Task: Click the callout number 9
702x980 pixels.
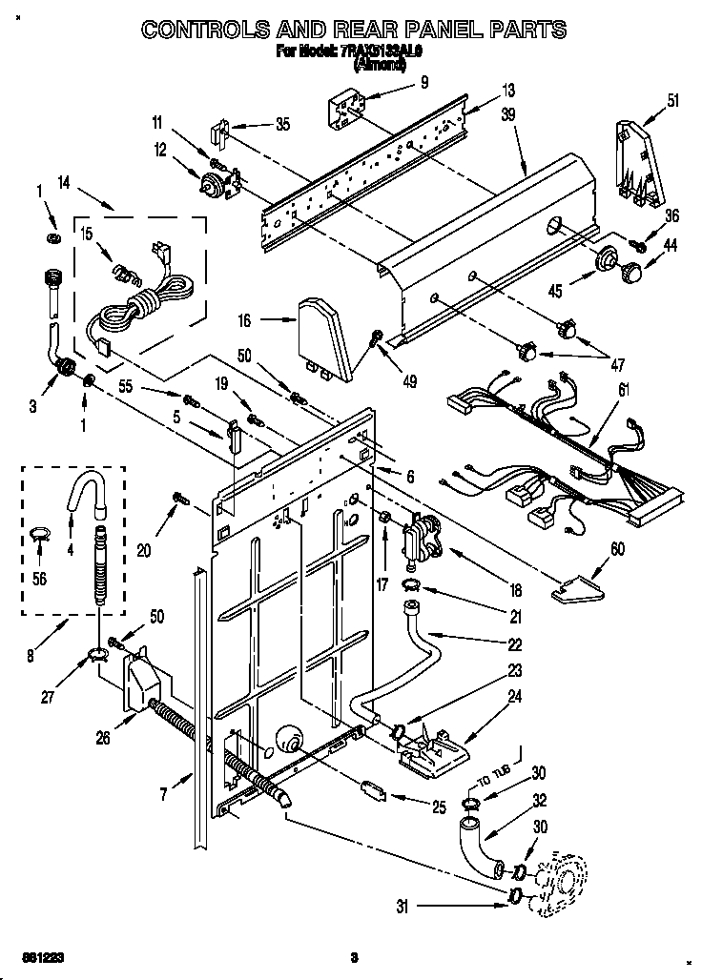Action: coord(423,82)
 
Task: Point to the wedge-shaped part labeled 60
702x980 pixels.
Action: coord(576,591)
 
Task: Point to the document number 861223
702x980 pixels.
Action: coord(29,956)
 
